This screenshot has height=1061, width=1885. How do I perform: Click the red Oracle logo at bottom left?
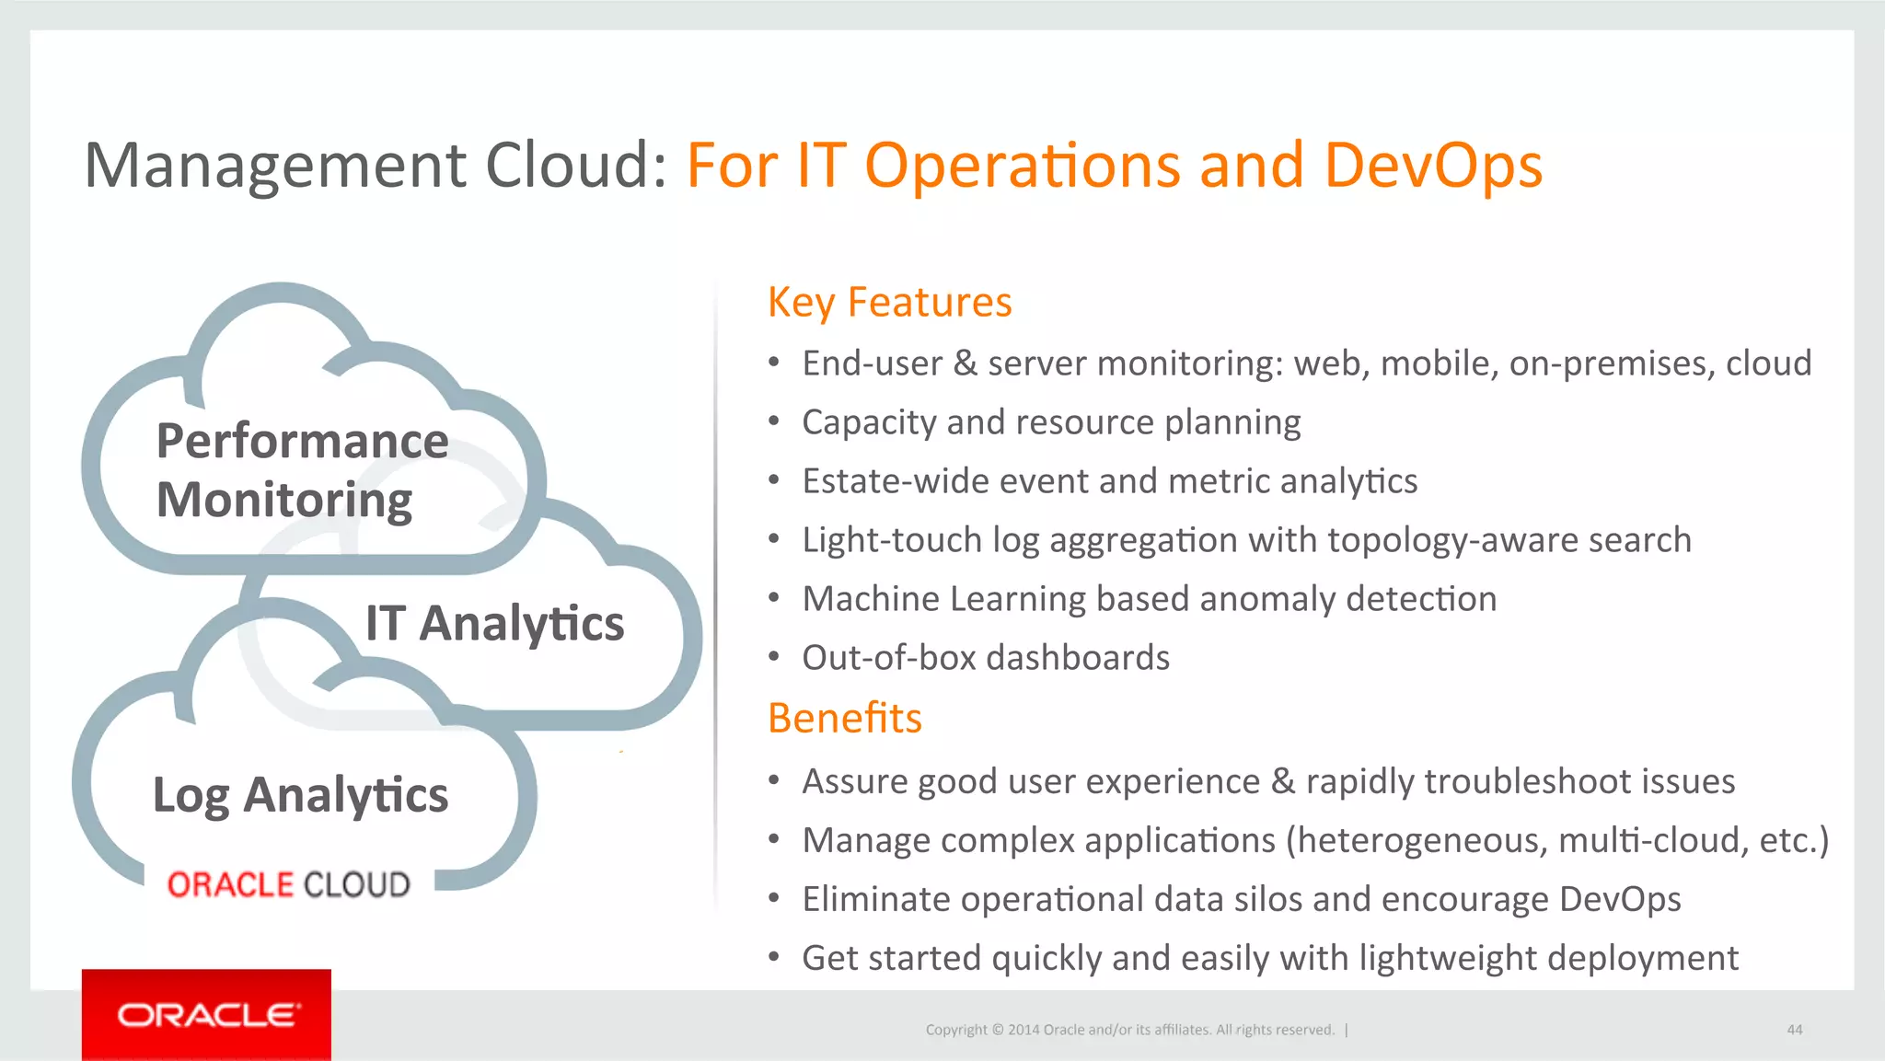(206, 1014)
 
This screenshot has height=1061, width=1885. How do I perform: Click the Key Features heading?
(889, 302)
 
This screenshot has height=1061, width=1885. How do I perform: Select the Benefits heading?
(844, 718)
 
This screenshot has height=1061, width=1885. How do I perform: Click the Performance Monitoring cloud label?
(302, 469)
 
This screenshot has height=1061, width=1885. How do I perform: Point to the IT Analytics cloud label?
(494, 623)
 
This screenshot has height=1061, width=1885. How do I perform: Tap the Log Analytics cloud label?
(300, 795)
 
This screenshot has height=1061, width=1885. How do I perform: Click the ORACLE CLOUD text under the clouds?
(288, 884)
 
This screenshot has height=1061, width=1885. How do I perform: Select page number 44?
(1794, 1030)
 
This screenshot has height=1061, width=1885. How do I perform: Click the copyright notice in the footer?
(1129, 1030)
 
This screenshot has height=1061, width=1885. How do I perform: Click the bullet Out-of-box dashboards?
(985, 658)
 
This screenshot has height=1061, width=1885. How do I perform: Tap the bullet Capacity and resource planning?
(1050, 422)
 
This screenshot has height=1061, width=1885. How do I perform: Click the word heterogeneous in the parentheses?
(1416, 841)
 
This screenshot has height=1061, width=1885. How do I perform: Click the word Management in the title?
(274, 166)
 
